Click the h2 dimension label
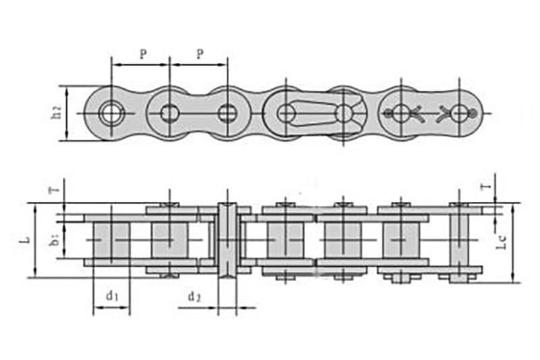coord(56,111)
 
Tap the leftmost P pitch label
coord(143,54)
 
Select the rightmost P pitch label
coord(200,54)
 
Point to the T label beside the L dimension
coord(56,190)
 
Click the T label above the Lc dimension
coord(486,187)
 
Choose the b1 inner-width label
coord(55,240)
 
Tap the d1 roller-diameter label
coord(112,295)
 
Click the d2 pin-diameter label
coord(194,297)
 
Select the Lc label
coord(501,242)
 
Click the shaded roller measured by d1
coord(111,240)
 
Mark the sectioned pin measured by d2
coord(227,240)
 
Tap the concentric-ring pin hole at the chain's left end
coord(111,113)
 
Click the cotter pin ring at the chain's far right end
coord(472,113)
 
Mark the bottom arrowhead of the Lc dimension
coord(513,278)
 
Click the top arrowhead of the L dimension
coord(35,207)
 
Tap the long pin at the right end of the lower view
coord(459,243)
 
